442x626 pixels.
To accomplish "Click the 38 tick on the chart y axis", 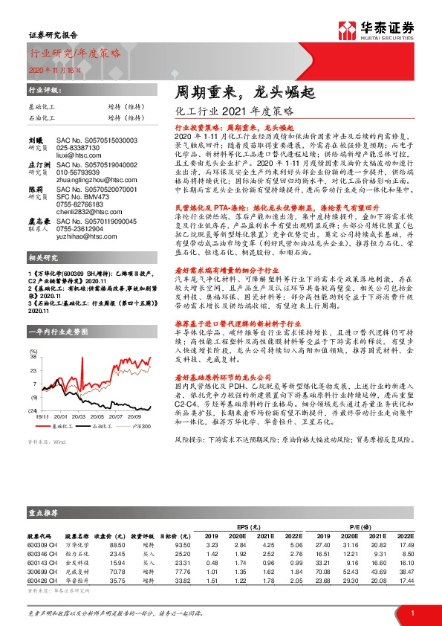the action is (33, 357).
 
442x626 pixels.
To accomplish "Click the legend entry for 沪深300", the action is (140, 427).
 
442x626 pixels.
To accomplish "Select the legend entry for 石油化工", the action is (103, 427).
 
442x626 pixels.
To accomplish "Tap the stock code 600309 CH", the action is (42, 545).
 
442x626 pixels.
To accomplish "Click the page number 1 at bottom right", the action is (411, 611).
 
